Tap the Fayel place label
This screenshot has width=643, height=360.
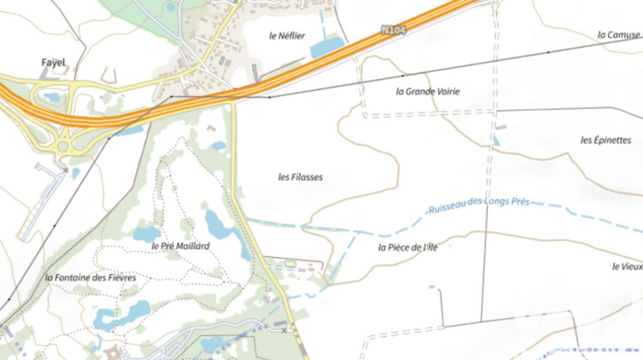[53, 63]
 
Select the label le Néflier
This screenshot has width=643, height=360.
[286, 36]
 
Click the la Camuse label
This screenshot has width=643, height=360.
[618, 35]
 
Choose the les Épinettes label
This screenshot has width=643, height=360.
[605, 140]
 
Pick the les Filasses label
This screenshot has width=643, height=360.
[300, 177]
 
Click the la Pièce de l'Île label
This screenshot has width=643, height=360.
[408, 248]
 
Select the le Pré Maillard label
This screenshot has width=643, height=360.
[180, 246]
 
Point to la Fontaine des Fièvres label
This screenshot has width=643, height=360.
[91, 278]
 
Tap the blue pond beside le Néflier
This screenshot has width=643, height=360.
[327, 48]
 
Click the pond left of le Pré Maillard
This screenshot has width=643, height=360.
[147, 232]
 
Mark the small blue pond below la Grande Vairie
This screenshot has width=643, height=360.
[496, 141]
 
